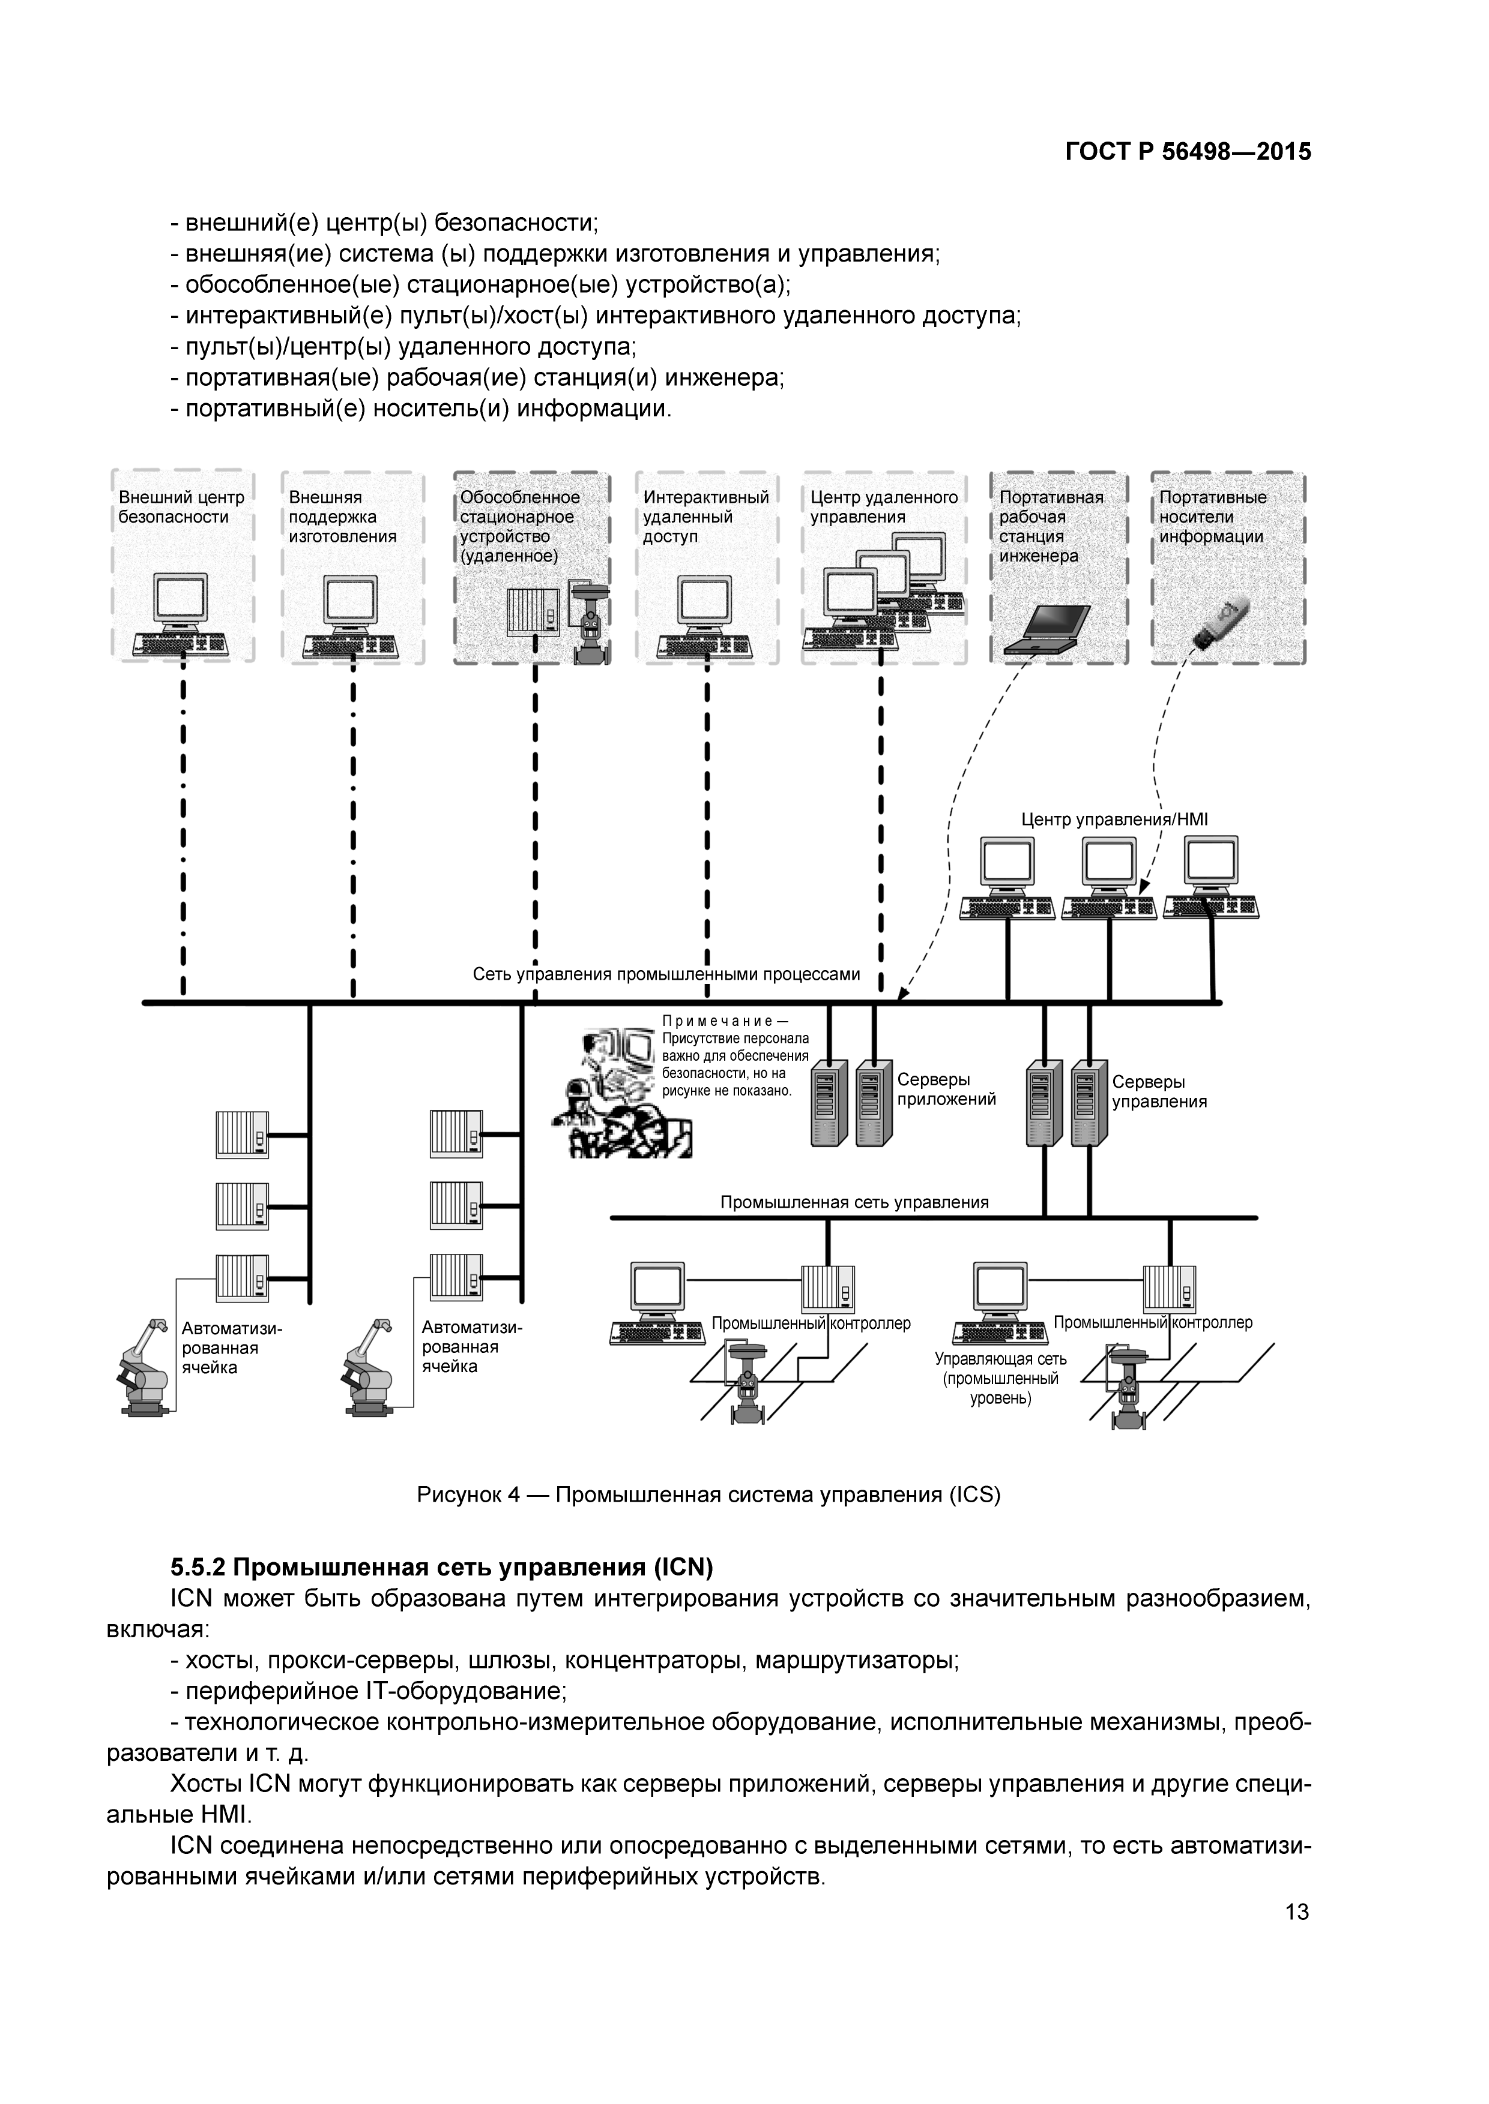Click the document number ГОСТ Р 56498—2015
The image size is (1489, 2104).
coord(1188,152)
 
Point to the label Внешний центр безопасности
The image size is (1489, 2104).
coord(181,507)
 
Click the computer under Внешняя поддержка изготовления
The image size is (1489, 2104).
coord(351,615)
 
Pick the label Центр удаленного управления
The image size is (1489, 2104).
coord(883,507)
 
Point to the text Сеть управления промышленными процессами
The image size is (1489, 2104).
coord(666,974)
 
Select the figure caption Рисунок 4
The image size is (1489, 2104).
coord(708,1494)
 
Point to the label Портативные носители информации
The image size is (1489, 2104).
coord(1212,517)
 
